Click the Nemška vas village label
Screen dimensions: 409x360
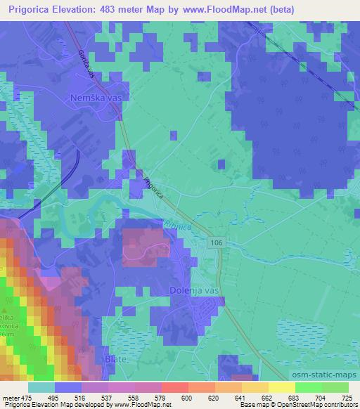[96, 98]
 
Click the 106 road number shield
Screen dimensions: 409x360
[216, 242]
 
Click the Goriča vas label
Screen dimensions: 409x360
[85, 56]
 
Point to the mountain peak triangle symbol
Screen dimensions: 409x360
[4, 310]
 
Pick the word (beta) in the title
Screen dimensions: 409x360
[281, 9]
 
